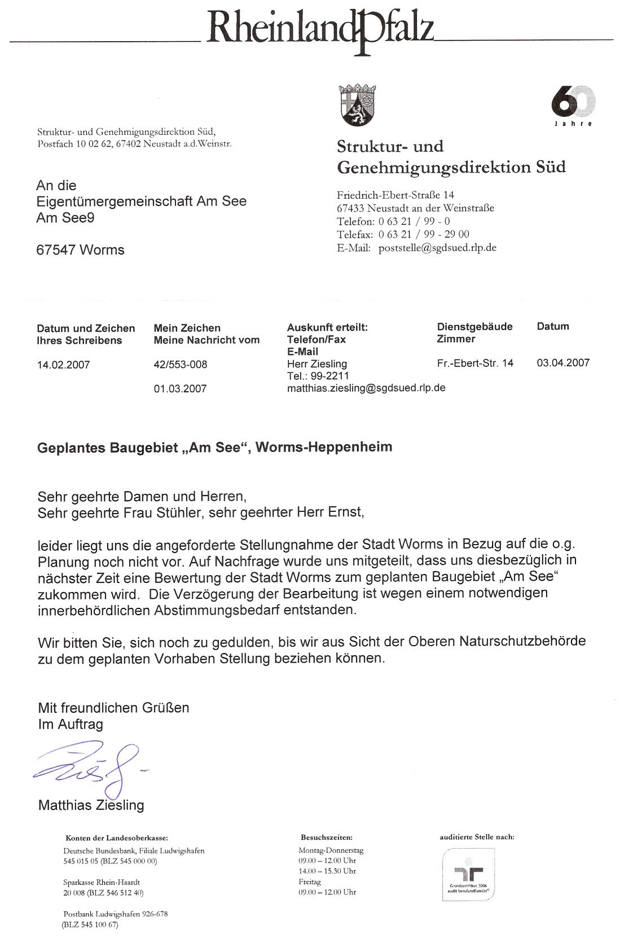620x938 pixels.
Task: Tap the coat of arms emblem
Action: (358, 105)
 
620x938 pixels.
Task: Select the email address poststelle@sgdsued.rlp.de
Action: (437, 248)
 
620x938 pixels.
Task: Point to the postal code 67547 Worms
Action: (80, 250)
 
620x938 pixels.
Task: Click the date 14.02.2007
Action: (63, 365)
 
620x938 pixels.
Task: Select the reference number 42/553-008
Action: (181, 365)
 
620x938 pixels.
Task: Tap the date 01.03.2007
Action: (181, 389)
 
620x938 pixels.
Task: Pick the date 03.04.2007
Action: (563, 363)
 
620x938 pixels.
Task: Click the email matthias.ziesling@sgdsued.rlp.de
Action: (366, 388)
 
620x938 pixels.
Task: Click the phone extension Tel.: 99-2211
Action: (318, 376)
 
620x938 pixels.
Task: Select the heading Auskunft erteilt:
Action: (327, 327)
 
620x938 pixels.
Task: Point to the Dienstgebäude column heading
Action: (474, 327)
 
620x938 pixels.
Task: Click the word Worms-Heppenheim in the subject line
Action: (324, 447)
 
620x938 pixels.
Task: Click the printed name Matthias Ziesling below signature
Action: (91, 805)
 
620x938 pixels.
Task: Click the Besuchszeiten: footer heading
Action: (327, 838)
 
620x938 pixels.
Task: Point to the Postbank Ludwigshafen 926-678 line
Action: (116, 914)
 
